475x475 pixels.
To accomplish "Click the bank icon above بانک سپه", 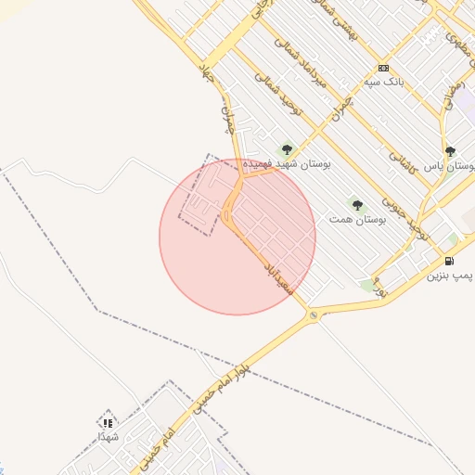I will click(x=383, y=69).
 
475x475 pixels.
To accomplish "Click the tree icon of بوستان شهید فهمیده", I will click(x=286, y=149).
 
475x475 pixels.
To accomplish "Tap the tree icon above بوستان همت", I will click(x=357, y=204).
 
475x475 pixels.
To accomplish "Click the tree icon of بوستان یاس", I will click(x=450, y=151).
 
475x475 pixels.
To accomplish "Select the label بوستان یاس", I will click(x=449, y=166).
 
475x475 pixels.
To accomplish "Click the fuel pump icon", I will click(x=450, y=261).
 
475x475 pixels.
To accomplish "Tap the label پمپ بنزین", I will click(x=450, y=276).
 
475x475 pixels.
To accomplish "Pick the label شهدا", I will click(x=108, y=435).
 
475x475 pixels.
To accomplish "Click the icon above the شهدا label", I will click(x=108, y=420).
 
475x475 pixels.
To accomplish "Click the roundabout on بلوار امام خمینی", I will click(x=314, y=316).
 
